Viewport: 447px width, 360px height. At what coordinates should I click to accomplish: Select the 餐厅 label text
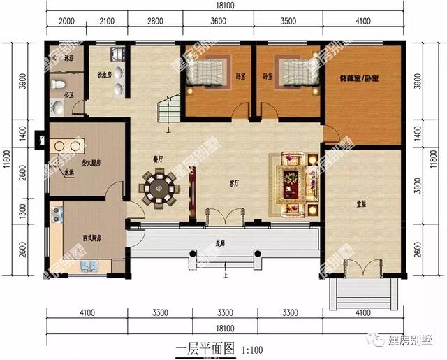pyautogui.click(x=158, y=157)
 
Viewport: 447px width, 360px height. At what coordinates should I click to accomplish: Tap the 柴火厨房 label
pyautogui.click(x=91, y=163)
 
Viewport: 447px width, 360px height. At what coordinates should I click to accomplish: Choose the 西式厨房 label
pyautogui.click(x=91, y=238)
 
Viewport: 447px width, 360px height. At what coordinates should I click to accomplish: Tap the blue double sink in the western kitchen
pyautogui.click(x=88, y=265)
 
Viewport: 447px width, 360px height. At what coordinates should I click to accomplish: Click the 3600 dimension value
pyautogui.click(x=218, y=22)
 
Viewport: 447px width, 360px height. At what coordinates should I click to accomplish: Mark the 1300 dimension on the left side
pyautogui.click(x=21, y=207)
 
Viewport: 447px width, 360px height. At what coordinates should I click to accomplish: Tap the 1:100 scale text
pyautogui.click(x=253, y=349)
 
